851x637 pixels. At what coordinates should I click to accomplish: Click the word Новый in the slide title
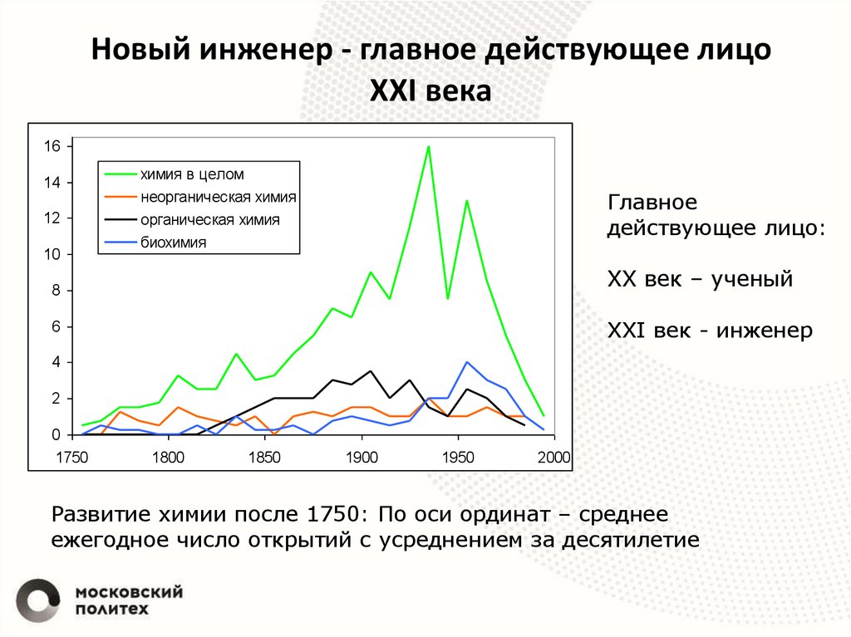[x=139, y=50]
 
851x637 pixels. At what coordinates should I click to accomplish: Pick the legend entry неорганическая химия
[x=218, y=198]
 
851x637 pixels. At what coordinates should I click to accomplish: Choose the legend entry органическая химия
[x=209, y=220]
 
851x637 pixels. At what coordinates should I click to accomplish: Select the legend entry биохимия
[x=173, y=243]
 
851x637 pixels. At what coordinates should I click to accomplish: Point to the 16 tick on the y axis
[x=52, y=146]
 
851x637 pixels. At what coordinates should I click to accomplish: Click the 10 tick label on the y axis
[x=52, y=255]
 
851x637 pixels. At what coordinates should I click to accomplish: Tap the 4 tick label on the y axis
[x=57, y=363]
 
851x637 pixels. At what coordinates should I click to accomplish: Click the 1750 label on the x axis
[x=72, y=456]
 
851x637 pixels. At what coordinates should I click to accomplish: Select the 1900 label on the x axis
[x=361, y=456]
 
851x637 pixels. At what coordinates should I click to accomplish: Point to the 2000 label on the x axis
[x=553, y=456]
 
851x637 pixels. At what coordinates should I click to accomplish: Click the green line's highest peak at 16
[x=428, y=147]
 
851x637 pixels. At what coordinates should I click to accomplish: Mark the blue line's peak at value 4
[x=467, y=363]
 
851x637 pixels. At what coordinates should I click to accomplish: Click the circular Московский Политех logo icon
[x=38, y=598]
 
